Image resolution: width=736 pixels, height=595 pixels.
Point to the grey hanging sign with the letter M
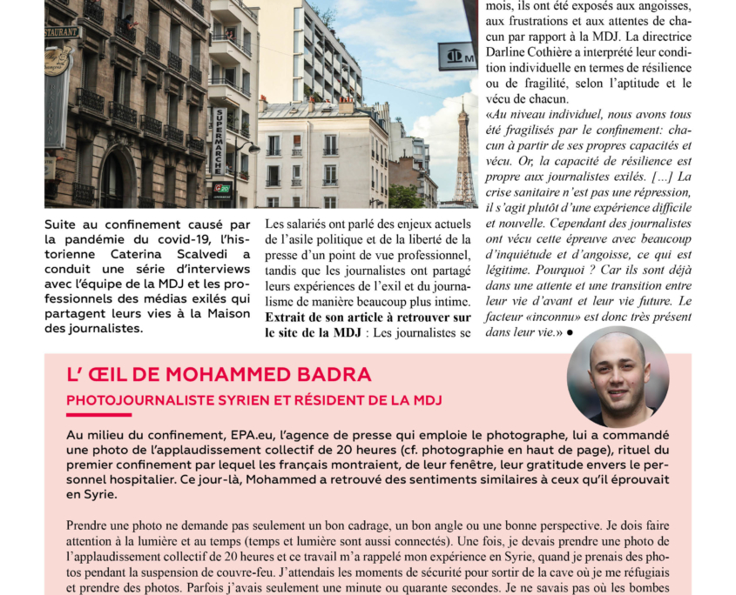(x=456, y=56)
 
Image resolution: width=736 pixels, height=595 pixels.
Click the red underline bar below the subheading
(x=98, y=415)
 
